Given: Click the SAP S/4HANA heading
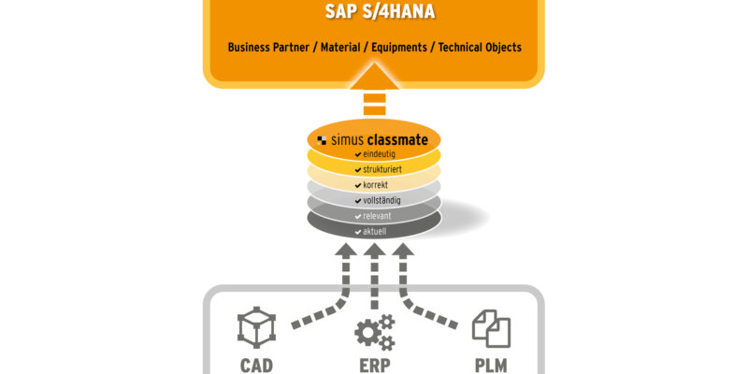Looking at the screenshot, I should [373, 14].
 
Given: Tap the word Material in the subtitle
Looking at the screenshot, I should [339, 47].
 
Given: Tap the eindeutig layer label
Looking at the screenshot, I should [374, 153].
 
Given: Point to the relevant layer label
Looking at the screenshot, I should [374, 216].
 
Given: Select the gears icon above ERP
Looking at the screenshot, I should [374, 332].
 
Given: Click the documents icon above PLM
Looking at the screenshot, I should [492, 328].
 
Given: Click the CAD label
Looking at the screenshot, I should [256, 365].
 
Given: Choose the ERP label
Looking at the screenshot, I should [374, 365].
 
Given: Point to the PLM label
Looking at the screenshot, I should [492, 365].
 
